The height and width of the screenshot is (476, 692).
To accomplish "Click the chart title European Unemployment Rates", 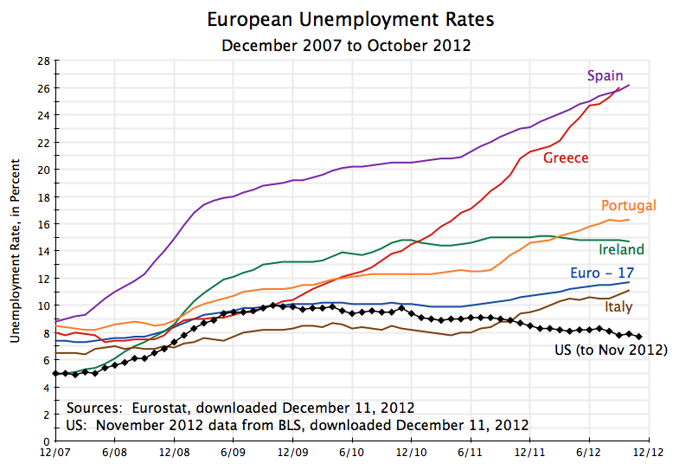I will point(345,19).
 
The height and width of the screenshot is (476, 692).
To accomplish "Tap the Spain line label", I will point(605,76).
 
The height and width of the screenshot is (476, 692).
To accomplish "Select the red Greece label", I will point(566,158).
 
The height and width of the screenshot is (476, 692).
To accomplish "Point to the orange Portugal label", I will point(628,206).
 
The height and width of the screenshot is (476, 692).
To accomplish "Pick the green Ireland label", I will point(622,249).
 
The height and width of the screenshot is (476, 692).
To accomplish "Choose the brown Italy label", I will point(618,307).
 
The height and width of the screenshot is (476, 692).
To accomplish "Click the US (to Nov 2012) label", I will point(611,351).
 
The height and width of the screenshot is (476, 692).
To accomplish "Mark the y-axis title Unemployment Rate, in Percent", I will point(16,237).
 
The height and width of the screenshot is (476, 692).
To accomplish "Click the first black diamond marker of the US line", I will point(55,373).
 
